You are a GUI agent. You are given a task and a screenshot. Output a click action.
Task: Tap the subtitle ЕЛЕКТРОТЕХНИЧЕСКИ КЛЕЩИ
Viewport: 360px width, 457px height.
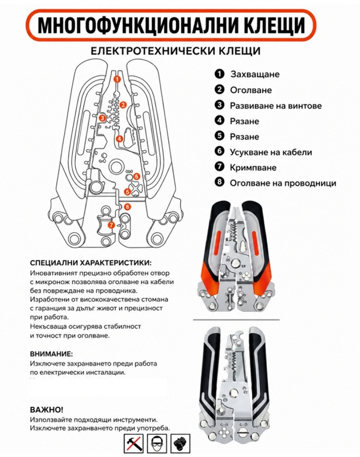pyautogui.click(x=175, y=51)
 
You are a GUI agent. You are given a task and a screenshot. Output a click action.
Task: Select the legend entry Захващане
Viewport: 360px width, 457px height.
pyautogui.click(x=255, y=74)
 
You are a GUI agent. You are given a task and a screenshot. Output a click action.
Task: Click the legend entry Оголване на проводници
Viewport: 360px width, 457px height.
pyautogui.click(x=283, y=183)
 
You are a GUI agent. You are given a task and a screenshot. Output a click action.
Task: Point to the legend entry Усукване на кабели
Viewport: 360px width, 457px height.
pyautogui.click(x=271, y=152)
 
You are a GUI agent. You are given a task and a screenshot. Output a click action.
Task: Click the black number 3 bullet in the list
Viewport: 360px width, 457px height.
pyautogui.click(x=220, y=106)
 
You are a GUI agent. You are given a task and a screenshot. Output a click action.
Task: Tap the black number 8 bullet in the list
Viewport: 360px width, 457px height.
pyautogui.click(x=220, y=183)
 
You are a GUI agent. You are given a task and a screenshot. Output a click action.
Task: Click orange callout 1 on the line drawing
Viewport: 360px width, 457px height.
pyautogui.click(x=117, y=79)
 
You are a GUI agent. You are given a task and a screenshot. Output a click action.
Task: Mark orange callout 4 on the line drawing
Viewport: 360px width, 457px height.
pyautogui.click(x=119, y=139)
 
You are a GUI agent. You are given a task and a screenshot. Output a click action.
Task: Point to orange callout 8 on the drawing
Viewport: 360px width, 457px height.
pyautogui.click(x=127, y=206)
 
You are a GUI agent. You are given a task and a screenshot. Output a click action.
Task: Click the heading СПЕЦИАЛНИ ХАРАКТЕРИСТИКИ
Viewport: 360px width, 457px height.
pyautogui.click(x=91, y=263)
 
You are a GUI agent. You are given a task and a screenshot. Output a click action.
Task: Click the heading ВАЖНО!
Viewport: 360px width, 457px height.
pyautogui.click(x=47, y=409)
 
